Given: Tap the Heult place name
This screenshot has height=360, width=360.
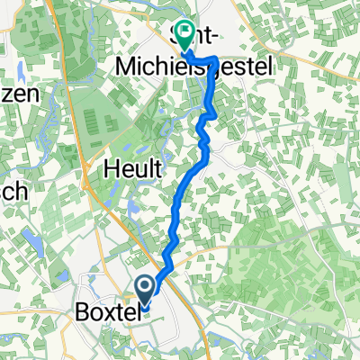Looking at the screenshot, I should click(x=133, y=167).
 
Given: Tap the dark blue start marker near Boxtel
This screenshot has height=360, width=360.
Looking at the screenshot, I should click(x=145, y=288).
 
